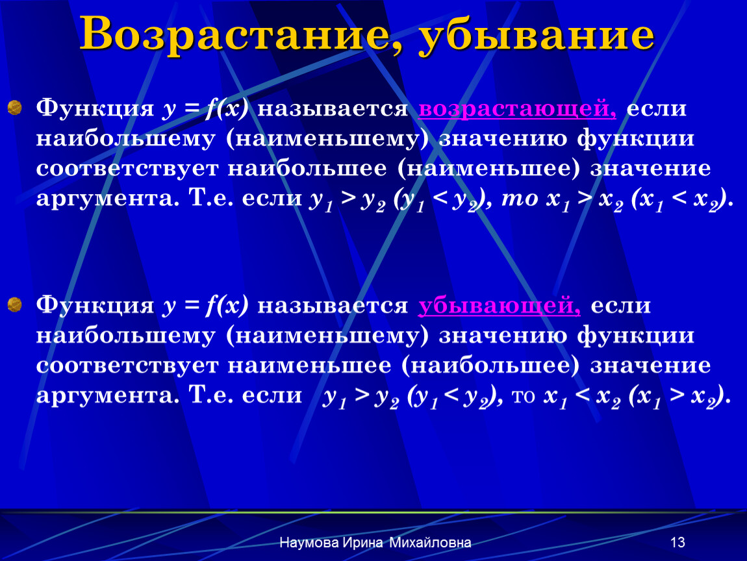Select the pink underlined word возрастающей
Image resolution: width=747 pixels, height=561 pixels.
pyautogui.click(x=517, y=108)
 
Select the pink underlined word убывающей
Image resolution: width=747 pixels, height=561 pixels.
pyautogui.click(x=500, y=305)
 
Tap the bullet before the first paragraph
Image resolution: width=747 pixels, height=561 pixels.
pyautogui.click(x=15, y=108)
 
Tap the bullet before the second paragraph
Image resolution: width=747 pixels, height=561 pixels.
pyautogui.click(x=15, y=305)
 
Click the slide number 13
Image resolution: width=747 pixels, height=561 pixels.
pyautogui.click(x=677, y=542)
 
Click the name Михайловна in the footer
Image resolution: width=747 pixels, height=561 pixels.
pyautogui.click(x=430, y=542)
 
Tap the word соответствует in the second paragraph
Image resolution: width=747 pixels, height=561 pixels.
pyautogui.click(x=127, y=366)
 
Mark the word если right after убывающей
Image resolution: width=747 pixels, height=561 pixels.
pyautogui.click(x=620, y=305)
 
